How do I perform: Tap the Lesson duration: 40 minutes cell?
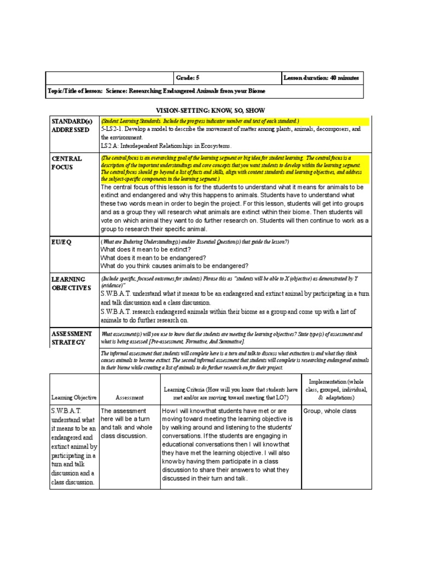pos(321,78)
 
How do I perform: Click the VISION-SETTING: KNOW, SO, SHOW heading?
pos(210,110)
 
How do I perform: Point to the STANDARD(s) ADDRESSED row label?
pos(70,125)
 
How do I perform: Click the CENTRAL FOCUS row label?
pos(67,163)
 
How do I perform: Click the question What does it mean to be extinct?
pos(145,249)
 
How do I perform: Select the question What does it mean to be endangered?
pos(153,257)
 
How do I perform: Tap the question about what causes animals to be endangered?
pos(174,266)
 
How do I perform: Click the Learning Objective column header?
pos(74,397)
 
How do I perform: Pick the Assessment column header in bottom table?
pos(129,397)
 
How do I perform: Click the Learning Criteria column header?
pos(230,393)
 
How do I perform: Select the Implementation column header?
pos(335,389)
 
